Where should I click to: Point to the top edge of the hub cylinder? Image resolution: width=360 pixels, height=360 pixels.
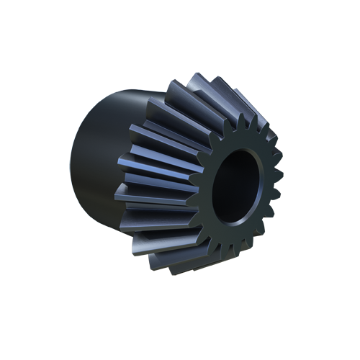click(122, 94)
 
